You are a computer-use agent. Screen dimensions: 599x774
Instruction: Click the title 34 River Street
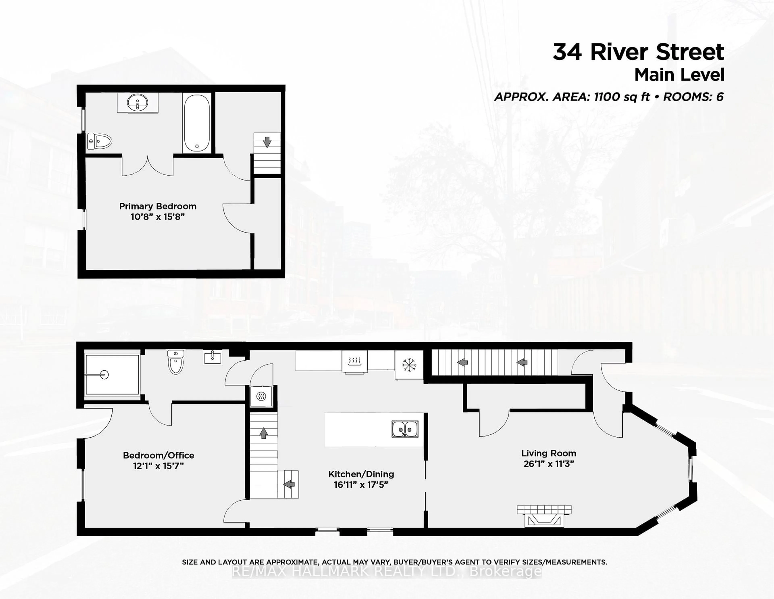coord(638,52)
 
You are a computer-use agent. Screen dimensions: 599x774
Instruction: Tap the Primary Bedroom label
coord(158,206)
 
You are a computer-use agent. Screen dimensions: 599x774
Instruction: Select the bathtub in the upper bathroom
coord(197,123)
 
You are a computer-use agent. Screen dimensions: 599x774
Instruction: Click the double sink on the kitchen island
coord(405,429)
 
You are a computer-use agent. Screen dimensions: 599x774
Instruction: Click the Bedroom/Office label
coord(158,455)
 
